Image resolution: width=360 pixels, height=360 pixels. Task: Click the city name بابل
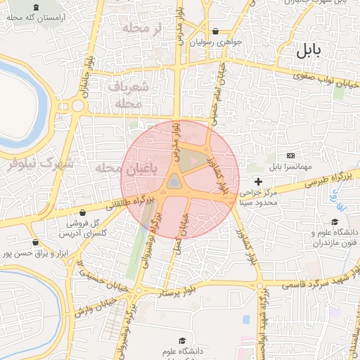[307, 50]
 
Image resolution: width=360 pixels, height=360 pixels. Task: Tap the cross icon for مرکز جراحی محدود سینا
[259, 182]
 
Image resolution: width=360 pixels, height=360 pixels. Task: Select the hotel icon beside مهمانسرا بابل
[290, 155]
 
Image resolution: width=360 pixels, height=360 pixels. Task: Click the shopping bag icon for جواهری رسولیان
[214, 32]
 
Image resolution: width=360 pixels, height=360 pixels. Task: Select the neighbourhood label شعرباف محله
[129, 94]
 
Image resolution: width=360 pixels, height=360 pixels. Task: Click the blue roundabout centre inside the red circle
[174, 184]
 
